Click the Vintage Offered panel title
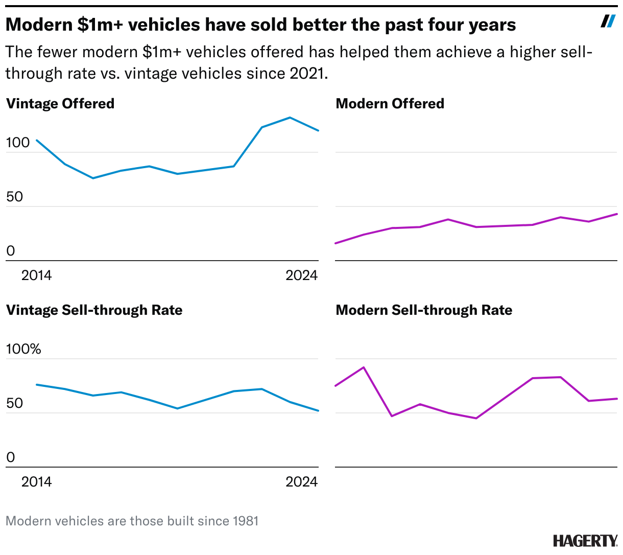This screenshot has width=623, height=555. pyautogui.click(x=60, y=104)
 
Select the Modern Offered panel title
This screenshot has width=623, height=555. pyautogui.click(x=390, y=104)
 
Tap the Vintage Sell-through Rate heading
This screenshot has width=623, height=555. pyautogui.click(x=94, y=310)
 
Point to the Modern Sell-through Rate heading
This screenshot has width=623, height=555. pyautogui.click(x=424, y=310)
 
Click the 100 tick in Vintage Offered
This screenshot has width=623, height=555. pyautogui.click(x=18, y=143)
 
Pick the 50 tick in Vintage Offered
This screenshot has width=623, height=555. pyautogui.click(x=15, y=197)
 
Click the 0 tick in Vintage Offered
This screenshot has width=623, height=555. pyautogui.click(x=11, y=251)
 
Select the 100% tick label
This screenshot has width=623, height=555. pyautogui.click(x=23, y=349)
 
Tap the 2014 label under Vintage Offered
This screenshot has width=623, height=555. pyautogui.click(x=36, y=275)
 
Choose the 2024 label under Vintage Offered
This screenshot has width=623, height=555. pyautogui.click(x=301, y=275)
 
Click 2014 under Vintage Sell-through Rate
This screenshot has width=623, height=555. pyautogui.click(x=36, y=482)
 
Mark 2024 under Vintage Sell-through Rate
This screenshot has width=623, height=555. pyautogui.click(x=301, y=482)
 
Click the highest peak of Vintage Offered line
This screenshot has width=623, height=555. pyautogui.click(x=290, y=118)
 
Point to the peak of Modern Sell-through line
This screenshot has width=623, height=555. pyautogui.click(x=363, y=367)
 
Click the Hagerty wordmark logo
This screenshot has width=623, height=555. pyautogui.click(x=585, y=541)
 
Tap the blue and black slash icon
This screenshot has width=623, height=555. pyautogui.click(x=608, y=21)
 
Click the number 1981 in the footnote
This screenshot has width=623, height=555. pyautogui.click(x=246, y=521)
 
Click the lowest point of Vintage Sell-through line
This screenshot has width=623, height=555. pyautogui.click(x=318, y=410)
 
